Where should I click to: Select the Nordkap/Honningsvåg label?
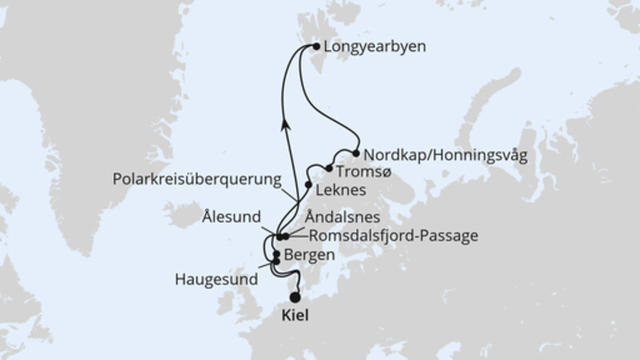point(445,154)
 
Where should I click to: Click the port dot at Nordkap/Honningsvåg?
point(356,152)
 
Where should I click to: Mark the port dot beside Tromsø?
point(329,168)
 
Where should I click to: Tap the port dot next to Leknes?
point(309,184)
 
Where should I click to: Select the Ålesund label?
point(232,215)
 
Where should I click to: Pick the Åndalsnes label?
point(342,217)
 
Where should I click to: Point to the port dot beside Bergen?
point(277,254)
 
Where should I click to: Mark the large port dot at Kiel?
point(295,297)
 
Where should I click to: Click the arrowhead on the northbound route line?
point(284,123)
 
